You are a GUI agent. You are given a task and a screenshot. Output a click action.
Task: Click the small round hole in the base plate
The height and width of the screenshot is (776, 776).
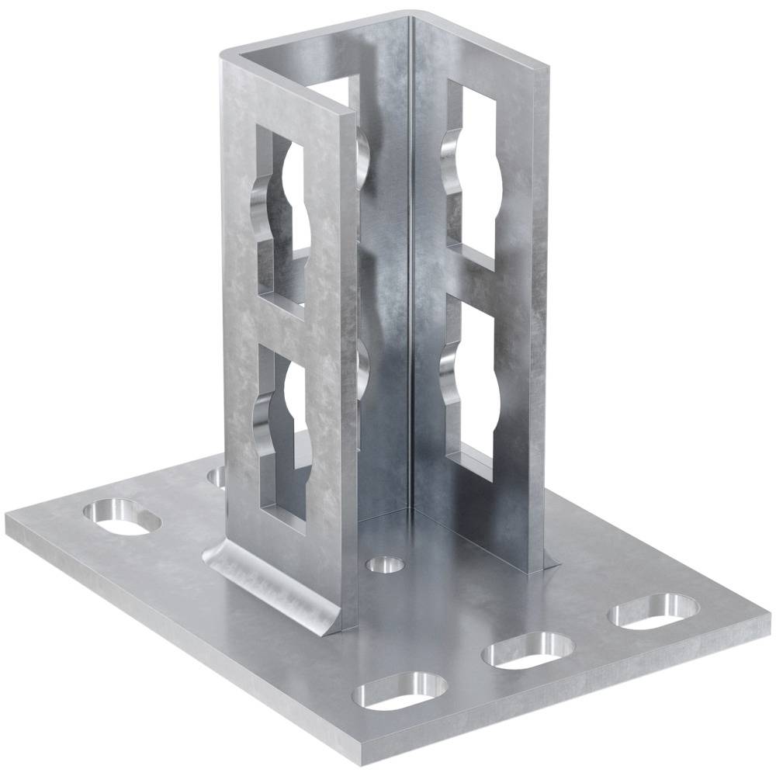pyautogui.click(x=386, y=564)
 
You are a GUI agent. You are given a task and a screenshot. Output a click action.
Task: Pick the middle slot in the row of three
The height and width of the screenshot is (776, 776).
pyautogui.click(x=528, y=650)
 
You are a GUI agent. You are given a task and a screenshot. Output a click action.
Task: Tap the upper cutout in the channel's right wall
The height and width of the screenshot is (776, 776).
pyautogui.click(x=470, y=175)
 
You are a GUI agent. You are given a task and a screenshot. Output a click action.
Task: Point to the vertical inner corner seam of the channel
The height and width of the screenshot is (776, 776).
pyautogui.click(x=410, y=272)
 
